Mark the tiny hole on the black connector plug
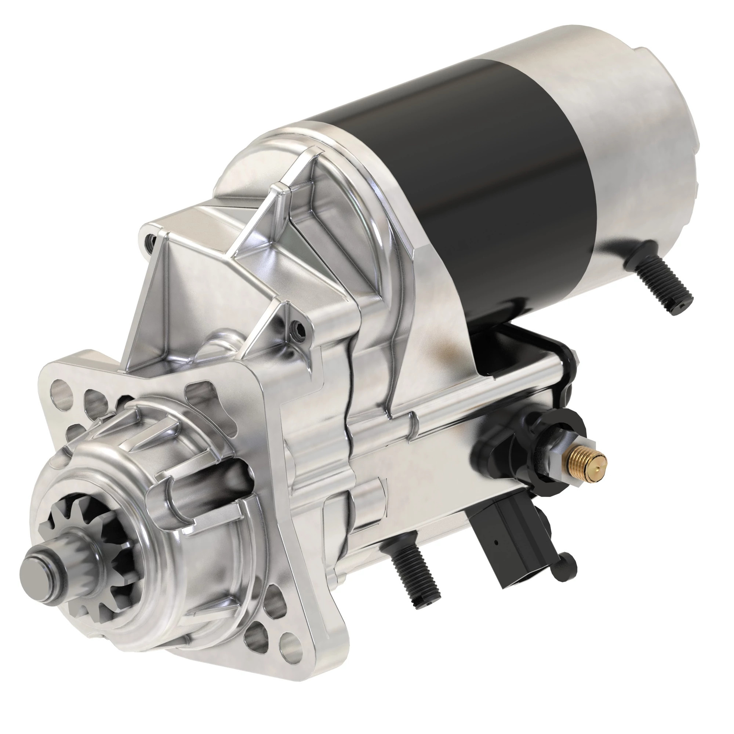(496, 542)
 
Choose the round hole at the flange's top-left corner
(61, 391)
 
